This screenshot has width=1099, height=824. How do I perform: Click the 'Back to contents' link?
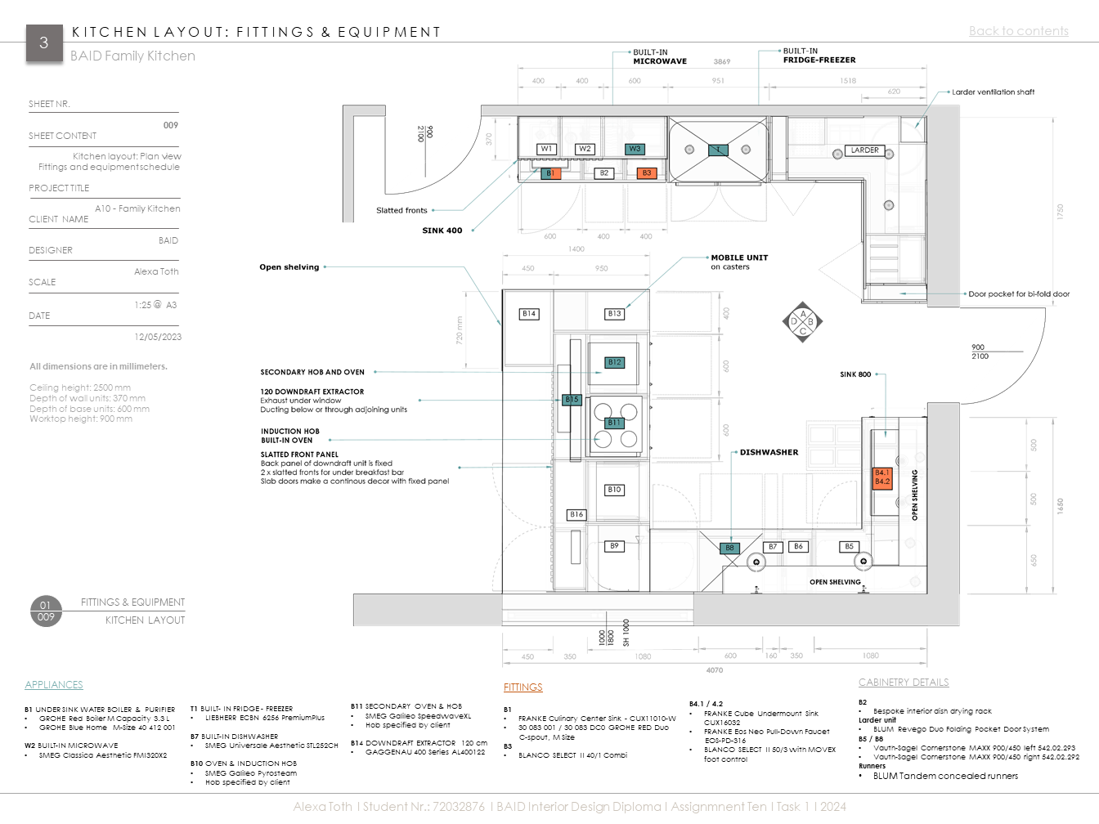pos(1018,31)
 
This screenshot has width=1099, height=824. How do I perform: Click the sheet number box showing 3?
pos(43,43)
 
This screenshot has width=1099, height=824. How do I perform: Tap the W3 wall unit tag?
pos(635,149)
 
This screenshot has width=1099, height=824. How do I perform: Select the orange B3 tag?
pos(646,173)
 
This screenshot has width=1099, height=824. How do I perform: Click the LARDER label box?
pos(864,150)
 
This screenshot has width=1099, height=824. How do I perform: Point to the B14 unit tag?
pos(529,314)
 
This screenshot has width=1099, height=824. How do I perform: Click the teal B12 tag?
pos(614,362)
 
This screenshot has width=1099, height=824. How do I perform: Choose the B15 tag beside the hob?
pos(572,400)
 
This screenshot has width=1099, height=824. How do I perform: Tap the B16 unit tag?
pos(576,514)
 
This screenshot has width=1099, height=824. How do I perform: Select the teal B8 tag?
pos(729,549)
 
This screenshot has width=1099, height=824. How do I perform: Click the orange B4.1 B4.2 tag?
pos(882,477)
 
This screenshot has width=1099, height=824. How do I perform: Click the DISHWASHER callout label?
pos(769,452)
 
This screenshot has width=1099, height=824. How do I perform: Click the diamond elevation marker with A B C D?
pos(802,322)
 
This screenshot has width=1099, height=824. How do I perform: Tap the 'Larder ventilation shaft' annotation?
pos(993,92)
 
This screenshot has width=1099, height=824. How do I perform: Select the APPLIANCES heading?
pos(54,685)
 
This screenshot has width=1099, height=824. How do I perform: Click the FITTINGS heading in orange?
pos(523,687)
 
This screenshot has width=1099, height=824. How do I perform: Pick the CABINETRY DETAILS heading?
pos(904,683)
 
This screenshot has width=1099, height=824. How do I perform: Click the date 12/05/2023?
pos(158,337)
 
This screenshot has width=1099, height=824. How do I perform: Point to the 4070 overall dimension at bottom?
pos(714,670)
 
